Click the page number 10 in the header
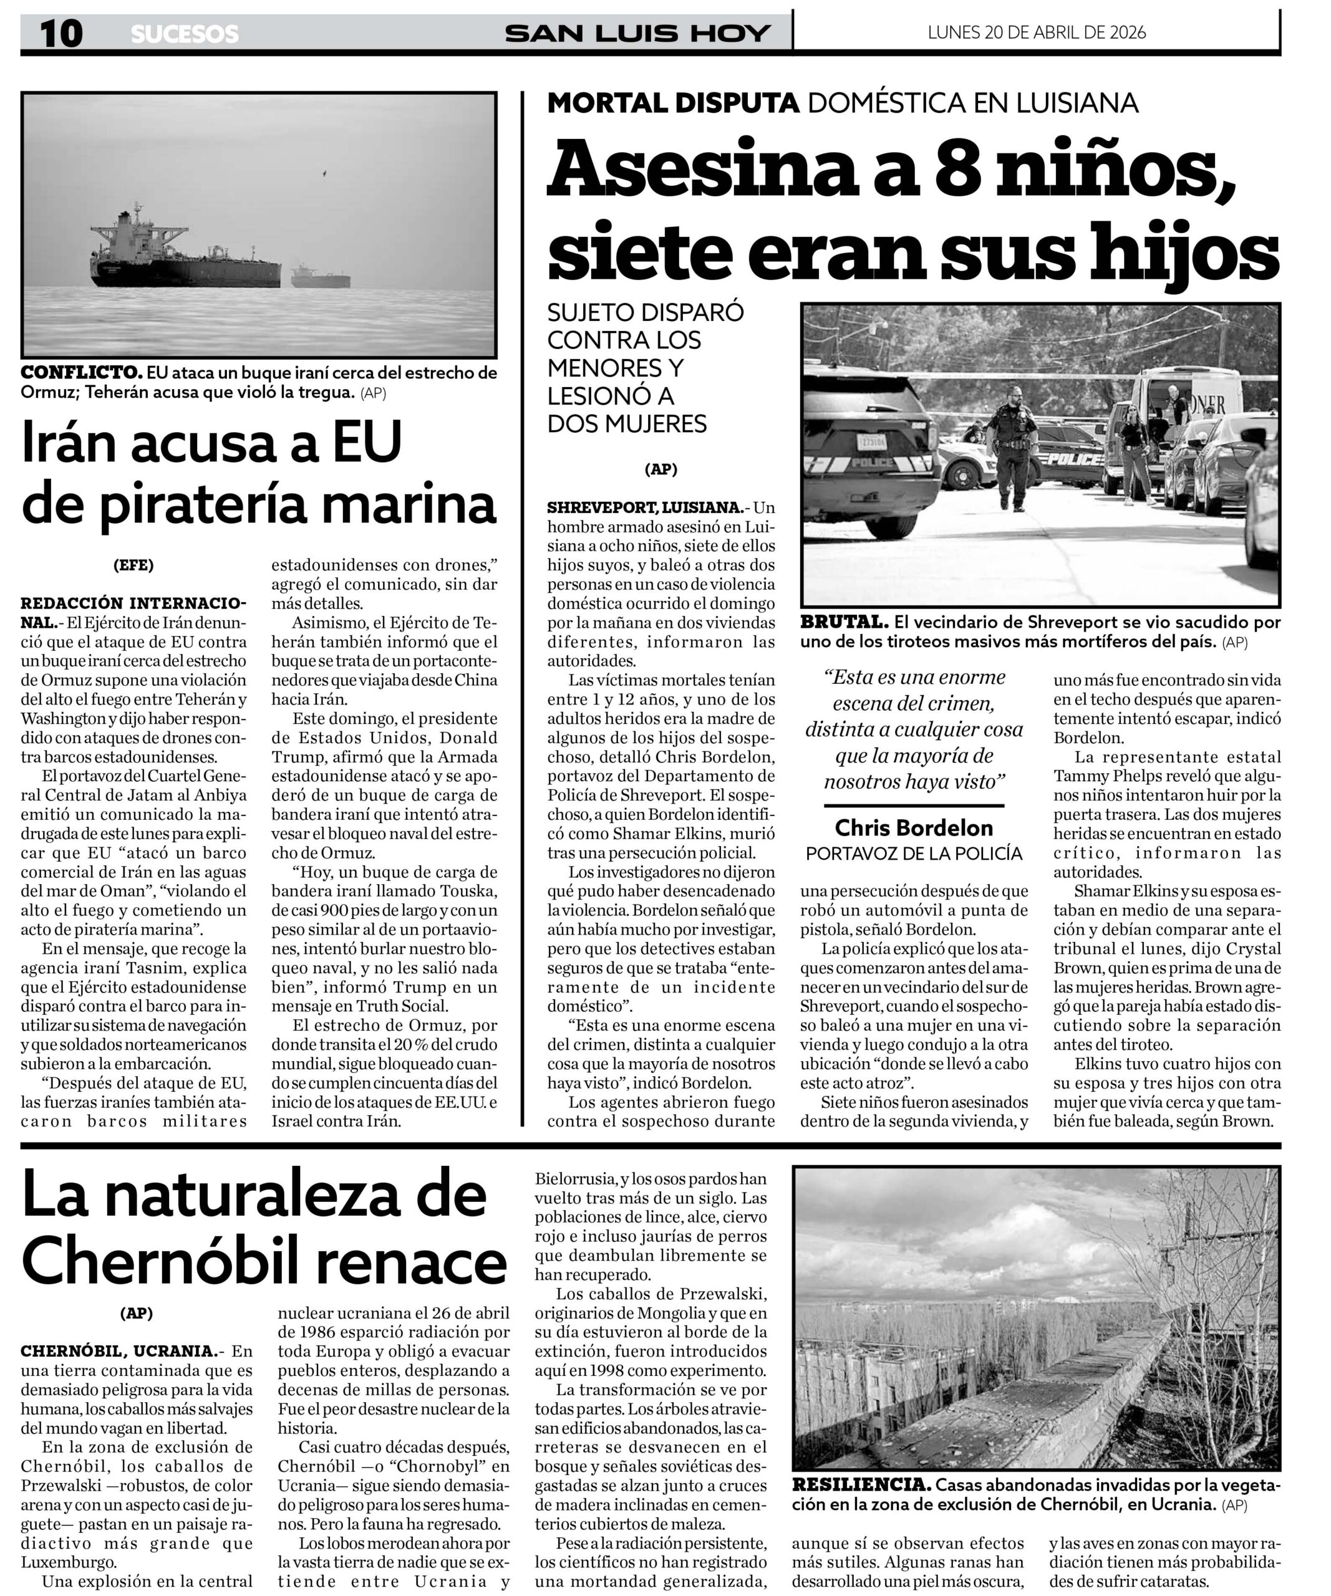tap(60, 34)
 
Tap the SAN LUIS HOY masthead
tap(638, 34)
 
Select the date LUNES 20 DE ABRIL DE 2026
tap(1036, 32)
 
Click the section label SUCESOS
tap(185, 34)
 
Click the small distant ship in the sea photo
tap(320, 277)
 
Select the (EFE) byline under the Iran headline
tap(133, 565)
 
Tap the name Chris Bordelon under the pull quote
tap(913, 828)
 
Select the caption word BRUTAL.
tap(844, 622)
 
